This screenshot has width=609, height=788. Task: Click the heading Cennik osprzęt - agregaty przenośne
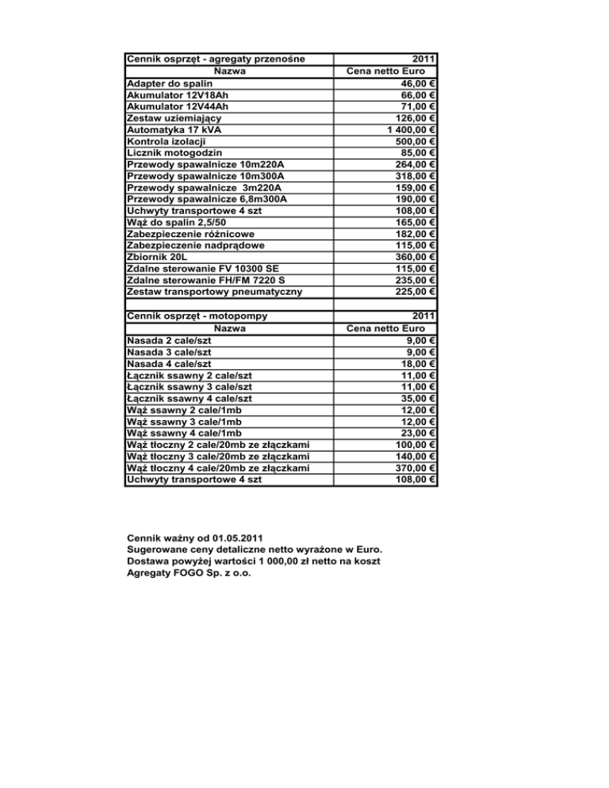[x=216, y=59]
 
